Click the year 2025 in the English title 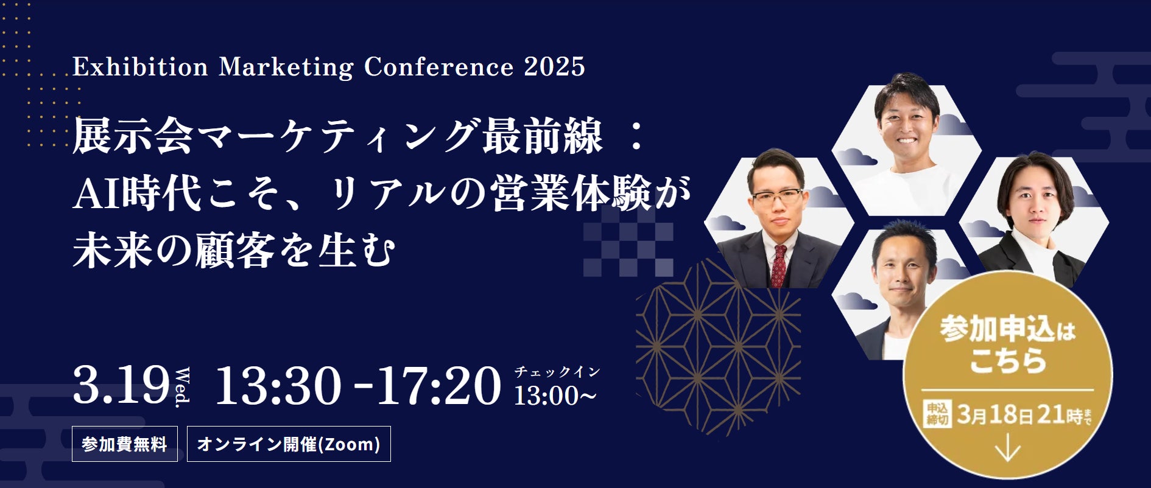click(554, 66)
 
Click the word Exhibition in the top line click(140, 66)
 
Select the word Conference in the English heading click(438, 66)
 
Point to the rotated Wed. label click(182, 388)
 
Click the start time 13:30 click(278, 385)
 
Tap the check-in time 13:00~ click(555, 396)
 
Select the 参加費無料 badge click(125, 444)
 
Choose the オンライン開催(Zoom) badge click(289, 444)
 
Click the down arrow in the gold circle click(1008, 450)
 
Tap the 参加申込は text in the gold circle click(1007, 329)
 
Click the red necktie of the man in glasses click(779, 266)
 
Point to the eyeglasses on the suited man click(778, 198)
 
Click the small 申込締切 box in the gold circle click(937, 414)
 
